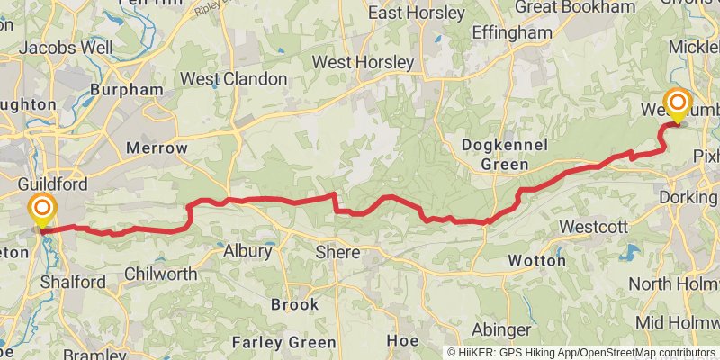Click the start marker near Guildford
coord(41,211)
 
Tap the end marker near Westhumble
coord(677,104)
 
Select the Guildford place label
coord(53,184)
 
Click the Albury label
coord(247,251)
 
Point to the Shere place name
coord(337,253)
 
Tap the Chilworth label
coord(161,273)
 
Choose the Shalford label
coord(73,282)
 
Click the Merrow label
coord(157,148)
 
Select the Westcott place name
coord(593,227)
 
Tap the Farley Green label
coord(284,342)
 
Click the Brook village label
coord(295,304)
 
